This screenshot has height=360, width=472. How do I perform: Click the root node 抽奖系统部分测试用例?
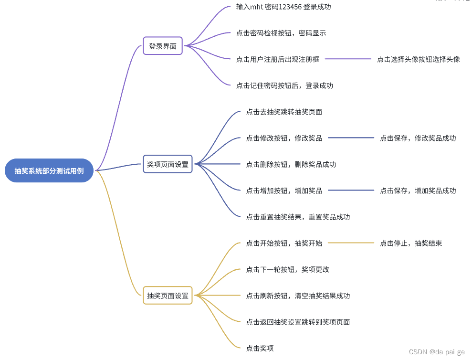coord(49,170)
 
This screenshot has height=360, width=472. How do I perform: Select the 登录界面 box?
coord(163,46)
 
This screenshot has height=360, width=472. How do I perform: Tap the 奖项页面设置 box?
coord(168,164)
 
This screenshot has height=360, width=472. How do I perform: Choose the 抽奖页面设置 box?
coord(168,296)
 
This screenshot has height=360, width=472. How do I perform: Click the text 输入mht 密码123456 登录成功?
coord(283,7)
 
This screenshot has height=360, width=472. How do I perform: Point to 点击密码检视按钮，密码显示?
coord(281,33)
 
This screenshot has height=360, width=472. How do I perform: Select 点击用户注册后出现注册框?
coord(277,59)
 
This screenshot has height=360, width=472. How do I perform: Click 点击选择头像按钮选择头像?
coord(418,59)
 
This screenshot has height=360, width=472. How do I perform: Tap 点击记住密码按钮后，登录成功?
coord(284,86)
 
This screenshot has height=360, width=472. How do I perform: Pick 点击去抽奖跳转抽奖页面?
coord(284,112)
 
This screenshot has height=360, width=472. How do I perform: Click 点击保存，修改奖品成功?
coord(418,138)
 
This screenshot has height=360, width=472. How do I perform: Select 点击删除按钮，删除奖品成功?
coord(291,165)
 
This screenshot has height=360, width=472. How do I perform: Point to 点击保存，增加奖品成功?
coord(418,191)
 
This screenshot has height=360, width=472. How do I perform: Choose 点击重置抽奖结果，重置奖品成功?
coord(298,217)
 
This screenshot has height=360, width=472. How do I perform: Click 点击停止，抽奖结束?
coord(410,244)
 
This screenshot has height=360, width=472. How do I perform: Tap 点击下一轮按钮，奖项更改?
coord(287,270)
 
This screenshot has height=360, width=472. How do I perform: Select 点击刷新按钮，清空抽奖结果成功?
coord(298,296)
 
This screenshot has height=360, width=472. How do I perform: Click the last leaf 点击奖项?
coord(260,349)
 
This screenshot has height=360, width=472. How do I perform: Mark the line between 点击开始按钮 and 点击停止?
coord(351,244)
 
